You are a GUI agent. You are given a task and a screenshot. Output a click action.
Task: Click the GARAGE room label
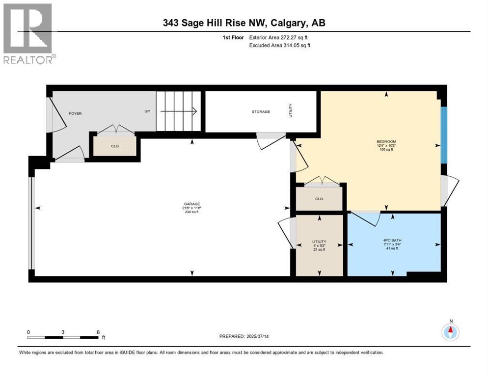coord(192,204)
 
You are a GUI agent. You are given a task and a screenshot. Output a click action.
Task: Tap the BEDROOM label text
coord(385,141)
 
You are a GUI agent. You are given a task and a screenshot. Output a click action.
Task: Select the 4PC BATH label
coord(392,241)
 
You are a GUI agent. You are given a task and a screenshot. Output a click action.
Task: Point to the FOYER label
coord(75,113)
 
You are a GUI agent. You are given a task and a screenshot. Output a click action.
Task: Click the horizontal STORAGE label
coord(261,112)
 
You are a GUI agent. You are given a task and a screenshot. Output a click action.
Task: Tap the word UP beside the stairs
coord(147,111)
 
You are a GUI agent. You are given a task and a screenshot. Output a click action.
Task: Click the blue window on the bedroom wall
coord(444,135)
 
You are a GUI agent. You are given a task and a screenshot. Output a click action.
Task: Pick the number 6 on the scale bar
coord(99,332)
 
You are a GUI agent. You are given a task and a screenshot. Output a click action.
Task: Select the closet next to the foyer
coord(114,146)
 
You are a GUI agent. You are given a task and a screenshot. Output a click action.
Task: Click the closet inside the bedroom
coord(319,199)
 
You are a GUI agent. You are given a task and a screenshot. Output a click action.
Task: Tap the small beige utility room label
coord(319,242)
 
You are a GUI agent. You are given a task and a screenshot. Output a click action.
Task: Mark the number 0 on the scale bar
coord(28,332)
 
